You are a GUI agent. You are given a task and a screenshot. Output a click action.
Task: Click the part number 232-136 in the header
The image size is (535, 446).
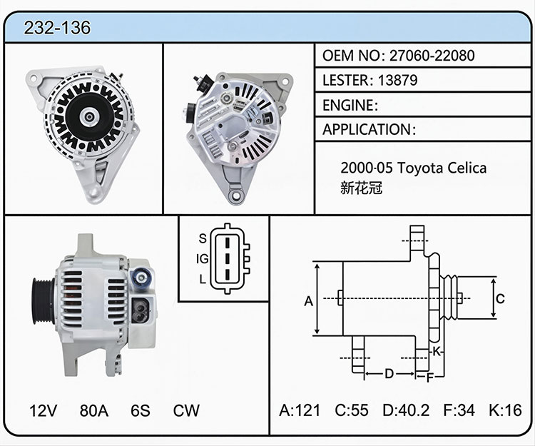coord(57,28)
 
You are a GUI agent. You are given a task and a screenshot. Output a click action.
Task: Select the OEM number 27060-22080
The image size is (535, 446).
coord(432,55)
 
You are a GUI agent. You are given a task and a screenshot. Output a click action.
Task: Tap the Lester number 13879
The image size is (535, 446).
coord(397,80)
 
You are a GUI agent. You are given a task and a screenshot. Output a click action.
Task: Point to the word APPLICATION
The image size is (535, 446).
coord(367,130)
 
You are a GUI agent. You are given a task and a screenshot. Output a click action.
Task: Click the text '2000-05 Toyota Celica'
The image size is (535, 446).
coord(414,168)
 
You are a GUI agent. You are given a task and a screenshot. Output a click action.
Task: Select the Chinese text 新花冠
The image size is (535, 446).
coord(362,188)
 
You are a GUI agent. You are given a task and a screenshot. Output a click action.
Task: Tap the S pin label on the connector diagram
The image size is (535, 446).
coord(203,238)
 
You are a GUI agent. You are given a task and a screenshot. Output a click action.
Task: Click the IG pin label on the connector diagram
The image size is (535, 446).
coord(202,259)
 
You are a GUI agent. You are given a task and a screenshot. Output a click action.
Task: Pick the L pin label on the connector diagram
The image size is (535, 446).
coord(203,280)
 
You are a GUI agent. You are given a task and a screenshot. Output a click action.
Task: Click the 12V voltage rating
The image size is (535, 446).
coord(43,410)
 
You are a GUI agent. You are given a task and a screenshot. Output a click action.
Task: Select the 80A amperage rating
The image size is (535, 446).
coord(94,410)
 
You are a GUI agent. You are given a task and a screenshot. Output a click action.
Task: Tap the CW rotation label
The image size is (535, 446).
coord(186,410)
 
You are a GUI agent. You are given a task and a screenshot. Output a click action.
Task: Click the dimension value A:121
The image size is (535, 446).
coord(300,410)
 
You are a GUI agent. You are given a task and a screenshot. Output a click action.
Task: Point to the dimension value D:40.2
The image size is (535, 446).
coord(406,410)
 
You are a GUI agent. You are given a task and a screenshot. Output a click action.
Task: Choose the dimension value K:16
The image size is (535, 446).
coord(505,410)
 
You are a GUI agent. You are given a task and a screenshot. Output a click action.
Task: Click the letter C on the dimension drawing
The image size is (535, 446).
coord(500,299)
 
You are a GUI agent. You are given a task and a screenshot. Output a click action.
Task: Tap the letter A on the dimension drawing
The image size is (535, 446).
coord(308,301)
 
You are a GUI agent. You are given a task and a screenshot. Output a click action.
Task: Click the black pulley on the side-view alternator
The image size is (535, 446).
coord(43,301)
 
